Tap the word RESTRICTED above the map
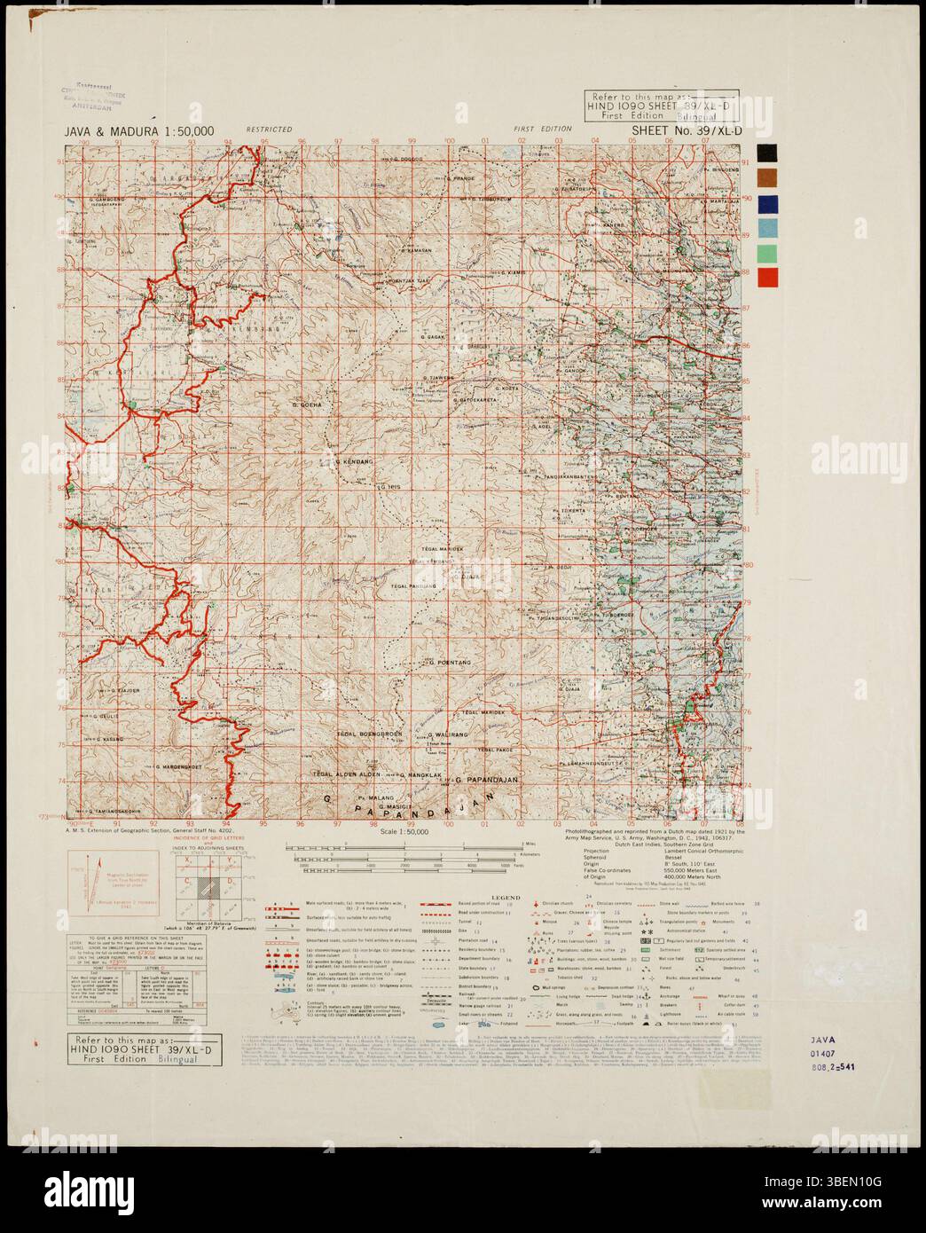point(270,130)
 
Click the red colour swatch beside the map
point(769,277)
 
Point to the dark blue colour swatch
point(769,203)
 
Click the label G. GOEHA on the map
point(306,404)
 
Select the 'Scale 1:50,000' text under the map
point(404,831)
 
